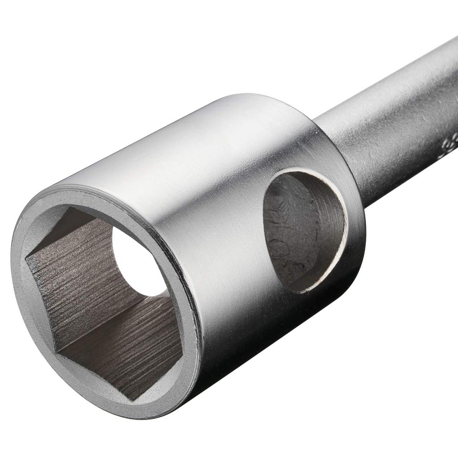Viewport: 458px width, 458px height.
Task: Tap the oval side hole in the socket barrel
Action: pos(304,230)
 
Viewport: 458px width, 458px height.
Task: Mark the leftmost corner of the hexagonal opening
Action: pos(27,257)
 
